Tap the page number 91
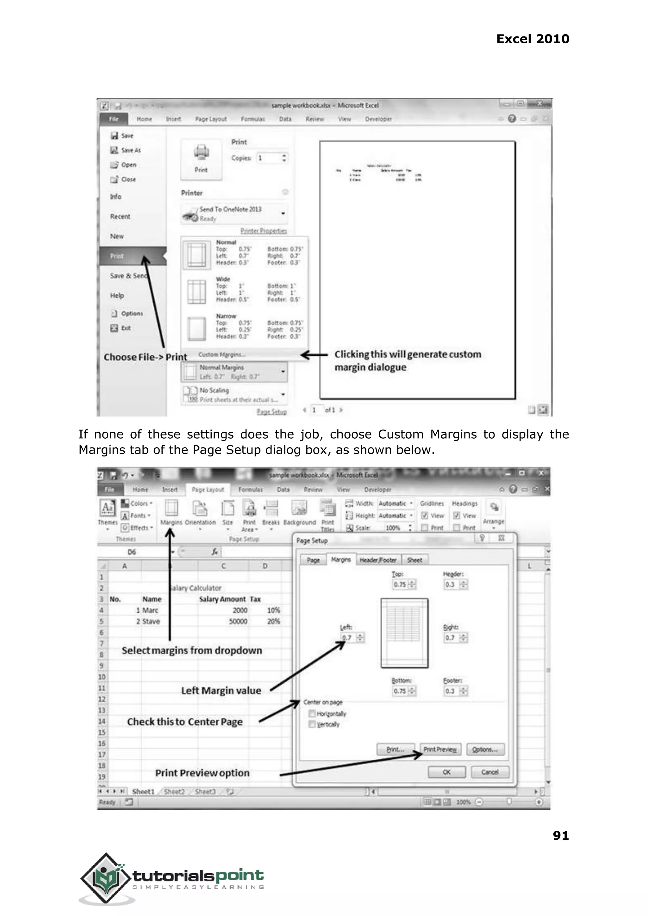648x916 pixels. (x=560, y=835)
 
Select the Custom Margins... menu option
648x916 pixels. (x=222, y=354)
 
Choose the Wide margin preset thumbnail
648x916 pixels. (x=196, y=292)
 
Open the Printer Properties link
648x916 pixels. (x=263, y=231)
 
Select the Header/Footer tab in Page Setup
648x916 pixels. (x=377, y=560)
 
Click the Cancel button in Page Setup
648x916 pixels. (x=489, y=772)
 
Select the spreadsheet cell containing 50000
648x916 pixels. (x=238, y=621)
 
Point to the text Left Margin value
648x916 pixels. (x=221, y=691)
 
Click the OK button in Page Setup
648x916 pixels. (x=446, y=772)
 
